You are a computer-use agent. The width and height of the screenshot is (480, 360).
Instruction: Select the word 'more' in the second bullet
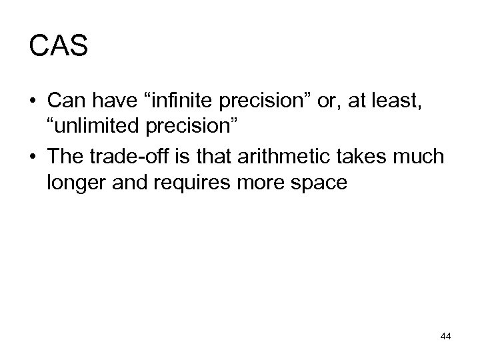click(x=261, y=184)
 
